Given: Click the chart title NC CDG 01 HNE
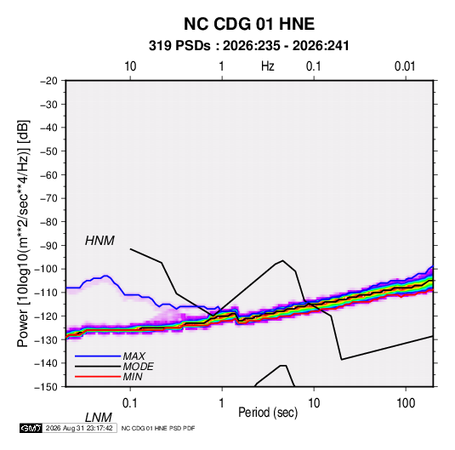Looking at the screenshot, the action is pos(249,24).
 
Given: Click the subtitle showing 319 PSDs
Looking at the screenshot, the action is pos(249,46).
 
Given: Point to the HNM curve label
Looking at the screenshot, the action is pos(100,241).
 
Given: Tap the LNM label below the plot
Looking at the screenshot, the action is pos(98,418).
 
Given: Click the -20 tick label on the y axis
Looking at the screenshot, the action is pos(48,81).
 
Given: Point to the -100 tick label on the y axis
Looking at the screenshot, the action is pos(46,269).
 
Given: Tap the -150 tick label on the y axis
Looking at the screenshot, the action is pos(46,387).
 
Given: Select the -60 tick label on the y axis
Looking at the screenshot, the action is pos(48,174).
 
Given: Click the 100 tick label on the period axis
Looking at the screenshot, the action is pos(406,403).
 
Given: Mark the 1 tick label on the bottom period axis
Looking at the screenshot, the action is pos(222,403).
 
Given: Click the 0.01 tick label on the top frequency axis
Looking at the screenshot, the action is pos(405,66).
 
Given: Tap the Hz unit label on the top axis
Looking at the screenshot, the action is pos(268,66).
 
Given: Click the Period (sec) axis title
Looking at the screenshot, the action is pos(268,413).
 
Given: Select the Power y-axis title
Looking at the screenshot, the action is pos(23,234).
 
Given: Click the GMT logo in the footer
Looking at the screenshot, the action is pos(31,428).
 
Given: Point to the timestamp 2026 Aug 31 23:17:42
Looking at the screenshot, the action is pos(79,428).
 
